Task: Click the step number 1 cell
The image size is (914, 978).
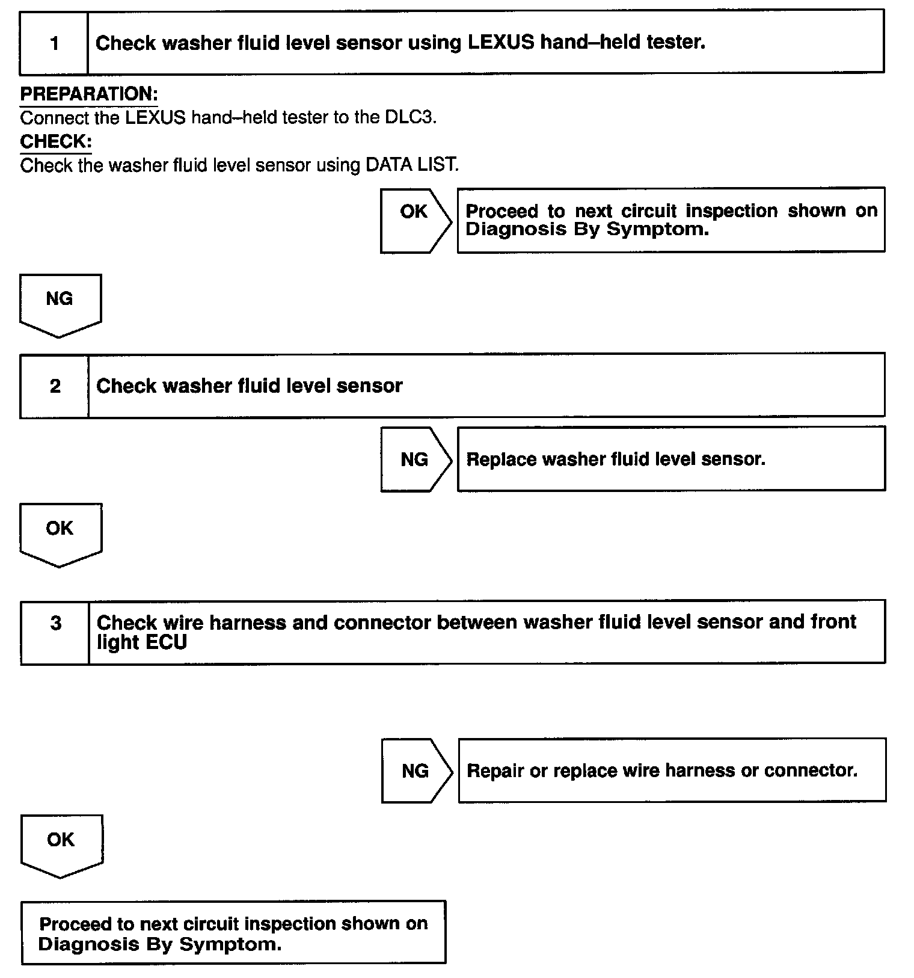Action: [54, 43]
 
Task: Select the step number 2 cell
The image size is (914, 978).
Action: [55, 386]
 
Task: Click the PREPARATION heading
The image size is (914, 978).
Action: [89, 94]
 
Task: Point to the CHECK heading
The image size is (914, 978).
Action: [56, 141]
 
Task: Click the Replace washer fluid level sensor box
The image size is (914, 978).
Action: [671, 459]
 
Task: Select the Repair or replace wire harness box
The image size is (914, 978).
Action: [672, 770]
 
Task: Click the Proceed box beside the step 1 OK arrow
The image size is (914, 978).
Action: [671, 220]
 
